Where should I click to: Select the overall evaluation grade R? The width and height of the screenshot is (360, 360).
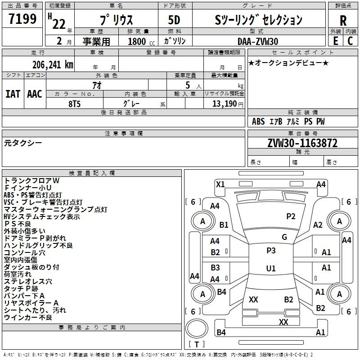(343, 21)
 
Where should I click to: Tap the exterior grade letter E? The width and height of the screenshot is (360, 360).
(335, 40)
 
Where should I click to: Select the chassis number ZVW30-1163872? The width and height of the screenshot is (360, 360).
(302, 144)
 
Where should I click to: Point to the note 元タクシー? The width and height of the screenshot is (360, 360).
(23, 143)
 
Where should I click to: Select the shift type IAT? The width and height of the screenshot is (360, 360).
(13, 94)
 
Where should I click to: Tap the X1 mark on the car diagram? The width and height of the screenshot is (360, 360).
(220, 184)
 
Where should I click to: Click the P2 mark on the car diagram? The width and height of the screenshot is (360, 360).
(291, 216)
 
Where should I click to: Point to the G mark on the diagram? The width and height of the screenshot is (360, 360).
(284, 237)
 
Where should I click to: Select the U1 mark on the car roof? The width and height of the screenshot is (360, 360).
(271, 269)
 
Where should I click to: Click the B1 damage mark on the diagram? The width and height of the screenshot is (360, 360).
(224, 225)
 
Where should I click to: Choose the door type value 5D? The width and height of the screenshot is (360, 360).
(174, 20)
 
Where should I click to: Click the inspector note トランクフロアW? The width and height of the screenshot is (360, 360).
(32, 180)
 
